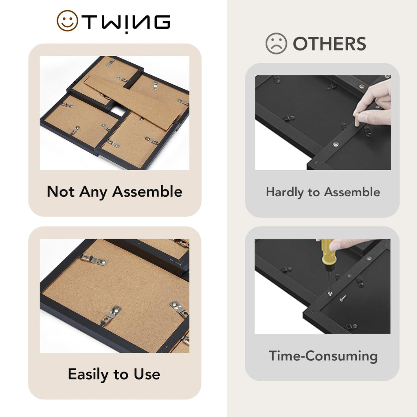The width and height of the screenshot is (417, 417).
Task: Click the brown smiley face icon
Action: [67, 21]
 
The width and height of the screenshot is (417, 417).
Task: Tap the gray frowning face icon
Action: [277, 43]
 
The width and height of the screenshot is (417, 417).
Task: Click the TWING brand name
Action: [126, 22]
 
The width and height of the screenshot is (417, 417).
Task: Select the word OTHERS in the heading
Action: [329, 44]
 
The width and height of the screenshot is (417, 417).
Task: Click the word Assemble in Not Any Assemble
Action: [147, 191]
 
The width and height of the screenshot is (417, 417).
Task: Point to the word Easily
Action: [88, 374]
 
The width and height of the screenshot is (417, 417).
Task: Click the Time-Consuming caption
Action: [323, 356]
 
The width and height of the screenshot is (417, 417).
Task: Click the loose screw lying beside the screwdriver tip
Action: [343, 298]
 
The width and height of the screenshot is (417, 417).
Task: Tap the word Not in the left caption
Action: [61, 191]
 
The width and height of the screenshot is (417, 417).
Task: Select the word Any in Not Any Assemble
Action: [93, 192]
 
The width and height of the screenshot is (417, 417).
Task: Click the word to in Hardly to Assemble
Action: [314, 192]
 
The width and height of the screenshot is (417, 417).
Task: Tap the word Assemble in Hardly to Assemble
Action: [352, 192]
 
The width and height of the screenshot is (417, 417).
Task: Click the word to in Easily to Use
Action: [121, 375]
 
